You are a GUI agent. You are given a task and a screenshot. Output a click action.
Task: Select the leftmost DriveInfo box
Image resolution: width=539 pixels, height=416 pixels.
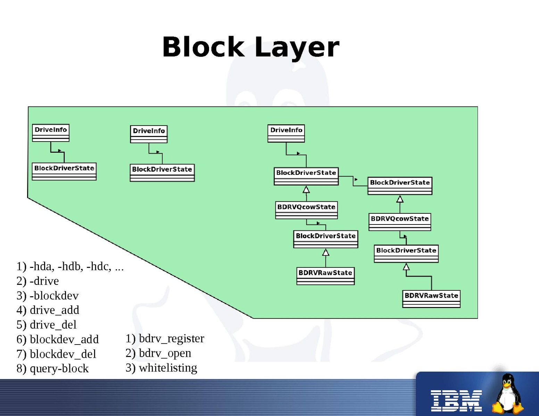point(51,133)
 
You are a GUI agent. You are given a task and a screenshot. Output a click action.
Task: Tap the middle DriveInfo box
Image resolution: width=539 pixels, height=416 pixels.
point(149,134)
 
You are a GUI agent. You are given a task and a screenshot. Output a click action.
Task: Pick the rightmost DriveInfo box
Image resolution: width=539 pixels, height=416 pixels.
point(286,133)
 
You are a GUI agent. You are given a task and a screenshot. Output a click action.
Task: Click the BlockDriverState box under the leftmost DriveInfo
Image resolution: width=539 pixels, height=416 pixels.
point(64,171)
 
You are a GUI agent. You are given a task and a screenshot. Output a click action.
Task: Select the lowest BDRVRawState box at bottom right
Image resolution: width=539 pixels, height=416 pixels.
point(431,299)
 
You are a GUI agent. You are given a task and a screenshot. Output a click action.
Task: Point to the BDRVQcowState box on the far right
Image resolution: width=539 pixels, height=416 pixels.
point(400,222)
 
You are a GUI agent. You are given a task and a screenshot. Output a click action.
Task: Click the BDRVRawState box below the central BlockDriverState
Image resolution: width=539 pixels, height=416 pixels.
point(325,276)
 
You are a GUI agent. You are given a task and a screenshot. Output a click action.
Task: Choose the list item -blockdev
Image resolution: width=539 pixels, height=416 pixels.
point(54,296)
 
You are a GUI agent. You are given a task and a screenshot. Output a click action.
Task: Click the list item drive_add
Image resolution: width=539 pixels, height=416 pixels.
point(54,310)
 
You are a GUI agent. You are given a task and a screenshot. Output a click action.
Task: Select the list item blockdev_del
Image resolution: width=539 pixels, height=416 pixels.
point(63,354)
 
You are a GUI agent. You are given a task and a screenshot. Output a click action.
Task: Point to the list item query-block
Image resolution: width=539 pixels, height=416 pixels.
point(59,368)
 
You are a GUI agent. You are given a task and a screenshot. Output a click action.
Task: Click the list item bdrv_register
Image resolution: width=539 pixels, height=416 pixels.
point(171,339)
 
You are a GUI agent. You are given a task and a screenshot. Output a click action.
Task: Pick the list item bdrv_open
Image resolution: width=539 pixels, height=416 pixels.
point(165,353)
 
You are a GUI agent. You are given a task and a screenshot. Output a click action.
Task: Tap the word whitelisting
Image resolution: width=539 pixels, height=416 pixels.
point(168,368)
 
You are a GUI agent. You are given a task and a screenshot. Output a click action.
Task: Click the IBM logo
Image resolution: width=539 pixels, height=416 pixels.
point(456,400)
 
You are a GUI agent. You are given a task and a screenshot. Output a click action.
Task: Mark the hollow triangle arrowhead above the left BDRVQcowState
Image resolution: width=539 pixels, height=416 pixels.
point(306,190)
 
